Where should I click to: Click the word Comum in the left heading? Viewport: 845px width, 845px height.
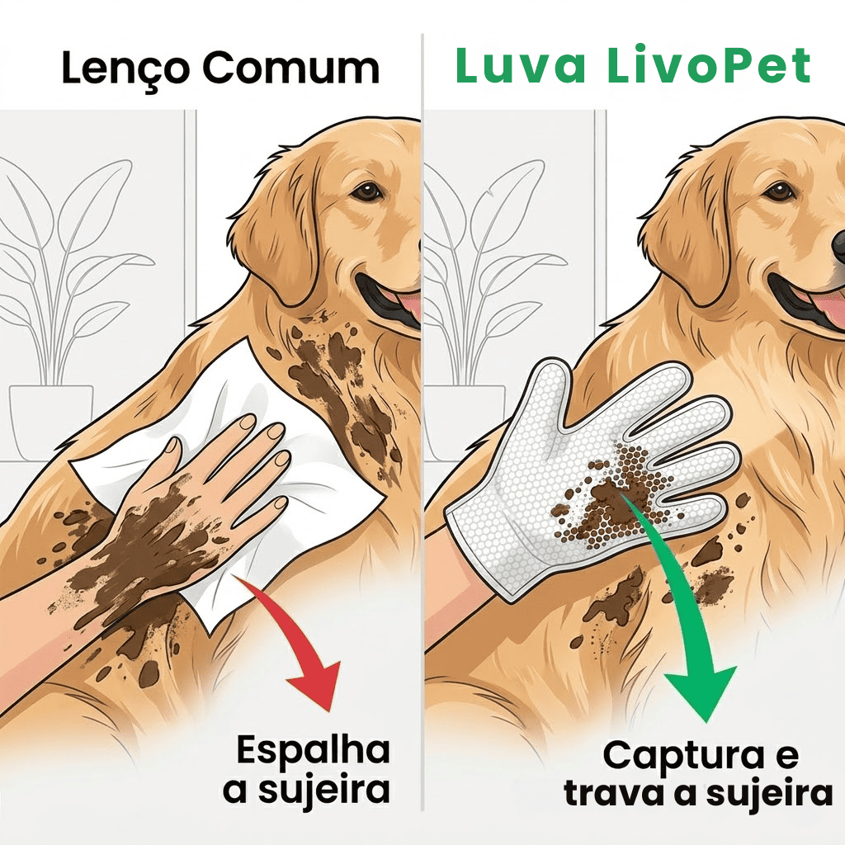[x=291, y=68]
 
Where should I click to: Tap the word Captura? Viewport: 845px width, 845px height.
[x=683, y=756]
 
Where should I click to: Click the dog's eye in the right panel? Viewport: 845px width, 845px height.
[x=777, y=191]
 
